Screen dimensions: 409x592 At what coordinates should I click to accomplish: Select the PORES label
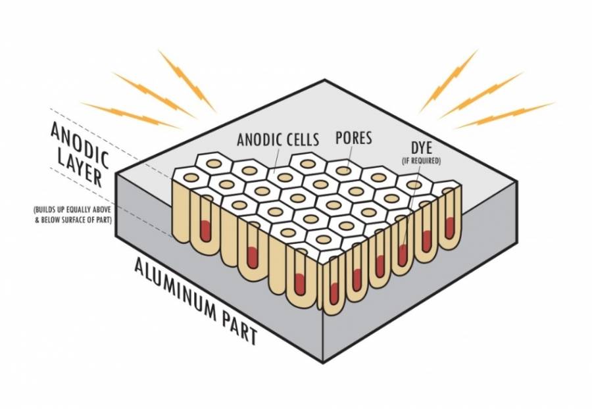pyautogui.click(x=355, y=139)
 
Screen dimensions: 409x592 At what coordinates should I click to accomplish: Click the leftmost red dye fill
pyautogui.click(x=206, y=231)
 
